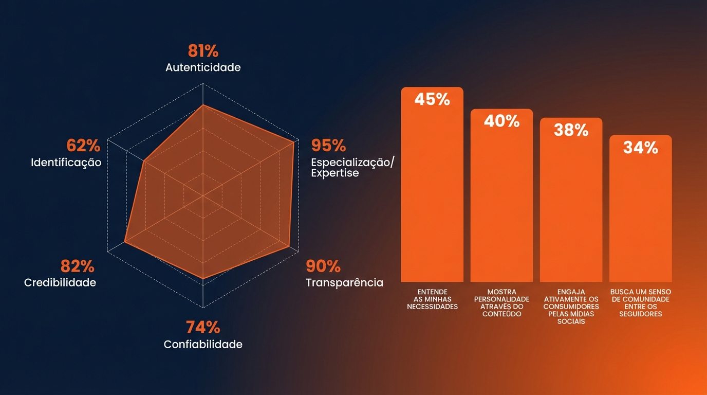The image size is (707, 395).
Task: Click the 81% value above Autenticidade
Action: tap(203, 51)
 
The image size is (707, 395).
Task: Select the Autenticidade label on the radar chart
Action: tap(203, 67)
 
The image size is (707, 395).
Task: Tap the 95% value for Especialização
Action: tap(329, 146)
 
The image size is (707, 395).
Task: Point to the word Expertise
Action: tap(335, 173)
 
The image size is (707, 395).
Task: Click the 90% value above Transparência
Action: tap(323, 266)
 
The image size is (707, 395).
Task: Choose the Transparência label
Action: tap(344, 282)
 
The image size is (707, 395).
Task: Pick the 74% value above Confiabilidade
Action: tap(202, 327)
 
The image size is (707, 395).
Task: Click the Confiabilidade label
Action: tap(203, 344)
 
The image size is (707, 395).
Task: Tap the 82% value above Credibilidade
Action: tap(78, 266)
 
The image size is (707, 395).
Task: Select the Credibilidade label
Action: tap(60, 282)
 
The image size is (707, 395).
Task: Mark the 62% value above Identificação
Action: tap(83, 146)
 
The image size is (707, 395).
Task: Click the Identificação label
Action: tap(66, 163)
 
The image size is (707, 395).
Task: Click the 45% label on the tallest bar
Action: tap(432, 99)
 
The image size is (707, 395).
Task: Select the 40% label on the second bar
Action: tap(501, 121)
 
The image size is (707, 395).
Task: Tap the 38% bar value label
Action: tap(571, 130)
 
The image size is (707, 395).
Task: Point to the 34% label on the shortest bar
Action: tap(640, 148)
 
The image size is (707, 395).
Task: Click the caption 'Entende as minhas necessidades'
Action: tap(432, 299)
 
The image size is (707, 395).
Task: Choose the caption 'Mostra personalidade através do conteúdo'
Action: tap(501, 303)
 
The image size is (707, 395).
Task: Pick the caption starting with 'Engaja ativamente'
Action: tap(571, 307)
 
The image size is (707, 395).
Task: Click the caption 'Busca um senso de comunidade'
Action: tap(640, 303)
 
